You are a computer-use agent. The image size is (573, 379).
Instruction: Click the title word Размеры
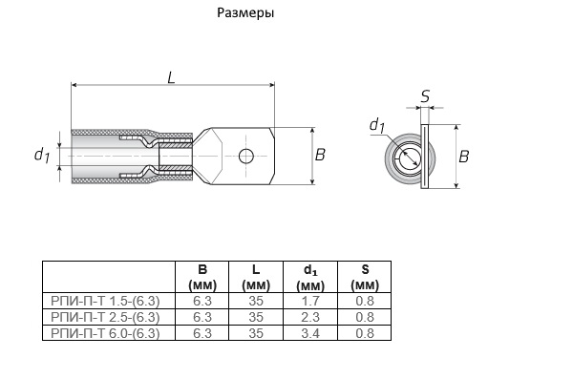tap(245, 13)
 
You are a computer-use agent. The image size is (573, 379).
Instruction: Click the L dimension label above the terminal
tap(171, 77)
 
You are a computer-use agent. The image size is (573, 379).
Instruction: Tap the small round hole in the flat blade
tap(246, 156)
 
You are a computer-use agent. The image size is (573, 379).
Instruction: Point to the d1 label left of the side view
tap(42, 155)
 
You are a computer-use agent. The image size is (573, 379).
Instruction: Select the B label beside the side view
tap(320, 155)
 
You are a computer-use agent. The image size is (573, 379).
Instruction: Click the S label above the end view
tap(425, 96)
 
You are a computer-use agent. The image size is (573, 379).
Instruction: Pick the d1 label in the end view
tap(377, 125)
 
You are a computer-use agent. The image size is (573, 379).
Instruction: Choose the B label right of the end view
tap(463, 157)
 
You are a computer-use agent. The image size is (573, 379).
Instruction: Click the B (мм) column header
tap(202, 278)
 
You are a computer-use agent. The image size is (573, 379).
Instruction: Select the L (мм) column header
tap(256, 278)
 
